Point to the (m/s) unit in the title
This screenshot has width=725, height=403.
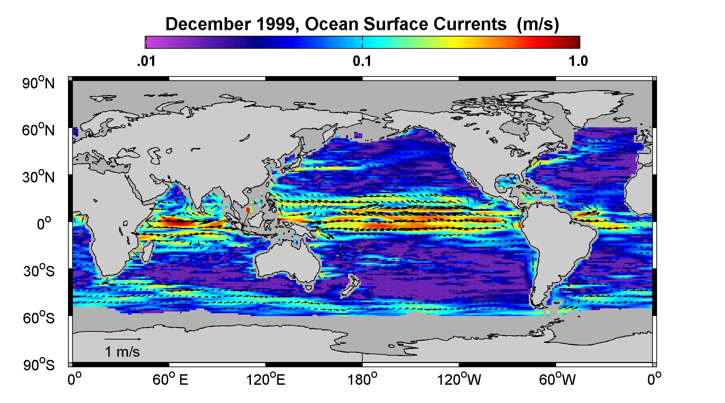(x=538, y=25)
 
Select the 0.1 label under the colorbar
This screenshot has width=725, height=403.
(x=362, y=61)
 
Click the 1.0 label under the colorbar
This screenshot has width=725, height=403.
(x=579, y=61)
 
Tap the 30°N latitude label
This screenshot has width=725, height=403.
(x=39, y=177)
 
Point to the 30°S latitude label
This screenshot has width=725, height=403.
(x=39, y=271)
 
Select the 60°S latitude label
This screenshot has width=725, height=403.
(x=39, y=318)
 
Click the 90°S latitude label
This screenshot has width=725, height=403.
(x=39, y=365)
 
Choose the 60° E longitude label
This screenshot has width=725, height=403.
(x=170, y=380)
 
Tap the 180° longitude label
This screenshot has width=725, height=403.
(x=362, y=380)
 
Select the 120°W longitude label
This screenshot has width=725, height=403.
(x=459, y=380)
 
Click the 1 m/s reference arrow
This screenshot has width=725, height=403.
(x=123, y=339)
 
